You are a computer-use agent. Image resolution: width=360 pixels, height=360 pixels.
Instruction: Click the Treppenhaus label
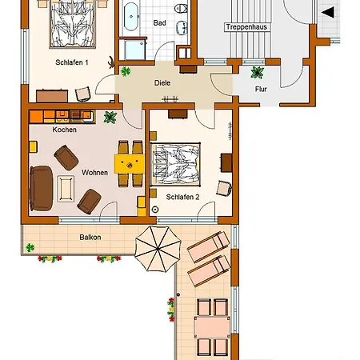coord(246,27)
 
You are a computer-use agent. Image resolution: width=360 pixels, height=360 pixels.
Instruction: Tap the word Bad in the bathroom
coord(159,23)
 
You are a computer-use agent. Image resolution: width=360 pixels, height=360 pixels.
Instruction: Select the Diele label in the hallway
coord(162,83)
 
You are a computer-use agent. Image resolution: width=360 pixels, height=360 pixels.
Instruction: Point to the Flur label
coord(261,89)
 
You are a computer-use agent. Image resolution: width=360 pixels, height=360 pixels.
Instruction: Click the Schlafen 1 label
coord(72,62)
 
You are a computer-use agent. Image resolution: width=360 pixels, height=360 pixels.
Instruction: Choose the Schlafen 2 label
coord(182,197)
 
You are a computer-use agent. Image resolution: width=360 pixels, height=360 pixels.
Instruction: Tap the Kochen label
coord(65,130)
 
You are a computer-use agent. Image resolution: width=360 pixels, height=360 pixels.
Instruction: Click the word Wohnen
coord(94,173)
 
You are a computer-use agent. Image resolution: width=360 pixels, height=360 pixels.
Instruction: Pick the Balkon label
coord(90,237)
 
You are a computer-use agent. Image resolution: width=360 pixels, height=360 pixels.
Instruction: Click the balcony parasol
coord(158,249)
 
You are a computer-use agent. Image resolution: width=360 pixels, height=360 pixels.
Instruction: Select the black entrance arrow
coord(328,13)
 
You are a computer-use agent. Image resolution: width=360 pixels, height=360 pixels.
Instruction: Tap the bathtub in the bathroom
coord(131,17)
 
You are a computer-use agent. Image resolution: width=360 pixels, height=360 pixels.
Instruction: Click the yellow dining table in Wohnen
coord(130,164)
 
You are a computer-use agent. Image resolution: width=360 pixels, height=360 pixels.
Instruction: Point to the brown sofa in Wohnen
coord(41,188)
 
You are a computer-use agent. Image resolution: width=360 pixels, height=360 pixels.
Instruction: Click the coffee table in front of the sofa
coord(66,189)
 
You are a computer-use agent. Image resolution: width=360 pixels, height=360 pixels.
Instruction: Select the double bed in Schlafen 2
coord(175,165)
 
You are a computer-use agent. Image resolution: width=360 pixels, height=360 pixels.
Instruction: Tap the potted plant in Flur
coord(258,72)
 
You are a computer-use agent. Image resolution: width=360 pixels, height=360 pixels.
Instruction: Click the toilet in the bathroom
coord(182,8)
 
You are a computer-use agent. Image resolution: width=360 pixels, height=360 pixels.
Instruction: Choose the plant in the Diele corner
coord(126,71)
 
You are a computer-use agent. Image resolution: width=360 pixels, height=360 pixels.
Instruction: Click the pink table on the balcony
coord(212,327)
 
